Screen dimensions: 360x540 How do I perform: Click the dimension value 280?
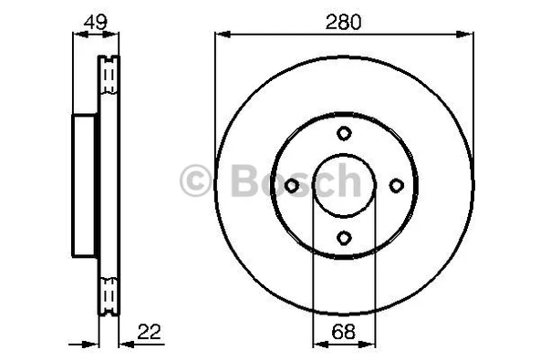[344, 20]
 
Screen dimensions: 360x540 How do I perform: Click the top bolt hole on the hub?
[344, 133]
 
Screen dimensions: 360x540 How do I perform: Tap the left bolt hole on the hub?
[292, 186]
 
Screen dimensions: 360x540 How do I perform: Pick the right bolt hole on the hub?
[396, 186]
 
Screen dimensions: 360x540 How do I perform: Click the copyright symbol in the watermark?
[196, 180]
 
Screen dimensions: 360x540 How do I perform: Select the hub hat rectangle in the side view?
[85, 185]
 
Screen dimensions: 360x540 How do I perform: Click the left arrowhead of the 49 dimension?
[77, 36]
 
